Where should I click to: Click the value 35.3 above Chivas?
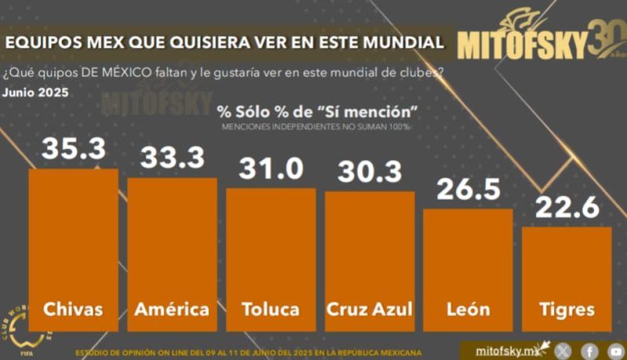pyautogui.click(x=73, y=150)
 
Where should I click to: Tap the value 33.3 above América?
pyautogui.click(x=172, y=159)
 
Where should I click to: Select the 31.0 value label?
pyautogui.click(x=270, y=169)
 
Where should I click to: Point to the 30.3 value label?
pyautogui.click(x=369, y=172)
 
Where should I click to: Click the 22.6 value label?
pyautogui.click(x=567, y=209)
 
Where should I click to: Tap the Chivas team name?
pyautogui.click(x=73, y=308)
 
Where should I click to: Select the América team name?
pyautogui.click(x=172, y=308)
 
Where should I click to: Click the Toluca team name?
pyautogui.click(x=270, y=308)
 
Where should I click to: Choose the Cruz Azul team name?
pyautogui.click(x=369, y=308)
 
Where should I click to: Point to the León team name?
pyautogui.click(x=468, y=308)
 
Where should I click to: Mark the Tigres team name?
pyautogui.click(x=567, y=308)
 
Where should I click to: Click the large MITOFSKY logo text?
pyautogui.click(x=521, y=45)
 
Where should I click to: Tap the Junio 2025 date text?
pyautogui.click(x=35, y=92)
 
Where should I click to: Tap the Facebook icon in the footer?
pyautogui.click(x=589, y=351)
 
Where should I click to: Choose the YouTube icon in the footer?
pyautogui.click(x=615, y=351)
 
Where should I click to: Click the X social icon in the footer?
pyautogui.click(x=563, y=351)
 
